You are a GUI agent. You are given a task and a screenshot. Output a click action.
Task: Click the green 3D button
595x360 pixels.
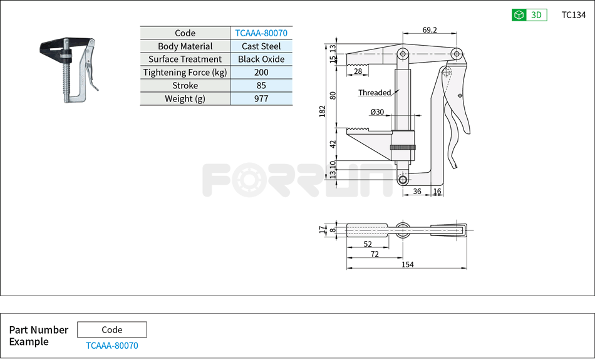[x=529, y=15]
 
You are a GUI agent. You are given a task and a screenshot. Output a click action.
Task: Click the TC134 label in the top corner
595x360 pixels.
[x=573, y=15]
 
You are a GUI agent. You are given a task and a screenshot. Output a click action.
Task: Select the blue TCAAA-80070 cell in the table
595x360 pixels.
[x=261, y=33]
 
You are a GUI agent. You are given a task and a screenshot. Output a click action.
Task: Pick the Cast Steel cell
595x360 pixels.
[x=261, y=46]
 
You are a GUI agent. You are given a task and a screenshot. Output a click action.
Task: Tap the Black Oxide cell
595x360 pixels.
[x=261, y=59]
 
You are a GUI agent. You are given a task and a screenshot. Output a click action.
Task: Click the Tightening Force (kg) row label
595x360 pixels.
[x=185, y=73]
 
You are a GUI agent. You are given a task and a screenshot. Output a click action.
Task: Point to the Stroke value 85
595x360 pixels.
[x=261, y=86]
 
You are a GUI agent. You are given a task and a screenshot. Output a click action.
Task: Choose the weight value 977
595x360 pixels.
[x=261, y=99]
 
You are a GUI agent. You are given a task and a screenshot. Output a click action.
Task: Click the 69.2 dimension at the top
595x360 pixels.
[x=430, y=30]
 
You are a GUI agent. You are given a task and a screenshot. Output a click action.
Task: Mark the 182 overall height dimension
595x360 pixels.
[x=323, y=111]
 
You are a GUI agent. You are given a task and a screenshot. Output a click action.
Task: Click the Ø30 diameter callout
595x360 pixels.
[x=377, y=112]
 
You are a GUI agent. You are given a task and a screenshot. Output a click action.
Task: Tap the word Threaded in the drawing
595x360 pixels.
[x=375, y=93]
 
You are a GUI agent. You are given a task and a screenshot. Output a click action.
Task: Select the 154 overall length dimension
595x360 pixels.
[x=407, y=265]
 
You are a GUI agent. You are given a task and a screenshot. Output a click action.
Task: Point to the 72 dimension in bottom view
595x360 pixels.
[x=374, y=254]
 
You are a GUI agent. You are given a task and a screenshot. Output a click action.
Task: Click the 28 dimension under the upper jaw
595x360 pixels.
[x=358, y=71]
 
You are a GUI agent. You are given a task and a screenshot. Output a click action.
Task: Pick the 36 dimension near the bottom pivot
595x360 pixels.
[x=417, y=192]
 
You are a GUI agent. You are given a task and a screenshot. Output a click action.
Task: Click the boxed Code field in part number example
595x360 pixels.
[x=112, y=330]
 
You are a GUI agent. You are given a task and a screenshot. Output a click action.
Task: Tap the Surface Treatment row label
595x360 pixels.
[x=185, y=59]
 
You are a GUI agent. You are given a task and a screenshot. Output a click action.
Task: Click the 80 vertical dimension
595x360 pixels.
[x=333, y=95]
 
